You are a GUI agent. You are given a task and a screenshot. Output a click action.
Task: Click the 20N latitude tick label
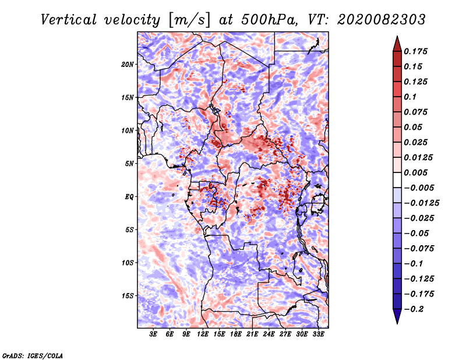(x=128, y=65)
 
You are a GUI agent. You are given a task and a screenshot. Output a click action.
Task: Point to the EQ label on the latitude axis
(x=129, y=197)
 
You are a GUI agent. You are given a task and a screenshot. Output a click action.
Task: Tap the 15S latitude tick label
(x=128, y=296)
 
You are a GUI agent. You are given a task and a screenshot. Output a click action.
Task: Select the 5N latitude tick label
(x=129, y=164)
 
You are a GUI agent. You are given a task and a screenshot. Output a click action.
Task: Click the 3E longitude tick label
(x=153, y=334)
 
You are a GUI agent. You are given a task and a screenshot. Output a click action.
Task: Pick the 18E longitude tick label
(x=236, y=334)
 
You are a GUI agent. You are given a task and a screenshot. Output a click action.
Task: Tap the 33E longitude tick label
(x=318, y=334)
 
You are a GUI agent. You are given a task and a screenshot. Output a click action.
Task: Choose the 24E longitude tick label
(x=269, y=334)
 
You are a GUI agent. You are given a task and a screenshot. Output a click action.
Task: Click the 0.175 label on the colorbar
(x=415, y=51)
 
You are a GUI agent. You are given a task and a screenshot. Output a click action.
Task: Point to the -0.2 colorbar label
(x=414, y=309)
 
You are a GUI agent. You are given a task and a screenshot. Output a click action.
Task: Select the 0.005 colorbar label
(x=415, y=172)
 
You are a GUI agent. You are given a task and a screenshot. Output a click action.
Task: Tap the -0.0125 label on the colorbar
(x=421, y=203)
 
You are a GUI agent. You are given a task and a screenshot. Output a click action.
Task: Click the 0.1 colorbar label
(x=410, y=97)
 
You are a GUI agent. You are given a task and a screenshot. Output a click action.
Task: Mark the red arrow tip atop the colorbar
(x=397, y=36)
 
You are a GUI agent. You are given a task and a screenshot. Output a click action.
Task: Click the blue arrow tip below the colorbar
(x=397, y=323)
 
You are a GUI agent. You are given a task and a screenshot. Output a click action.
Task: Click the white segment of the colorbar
(x=397, y=180)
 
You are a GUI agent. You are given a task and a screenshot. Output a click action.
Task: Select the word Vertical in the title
(x=69, y=20)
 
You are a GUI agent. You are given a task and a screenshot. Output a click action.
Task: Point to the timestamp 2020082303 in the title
(x=382, y=20)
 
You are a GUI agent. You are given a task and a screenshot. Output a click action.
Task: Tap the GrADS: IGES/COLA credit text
(x=33, y=355)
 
